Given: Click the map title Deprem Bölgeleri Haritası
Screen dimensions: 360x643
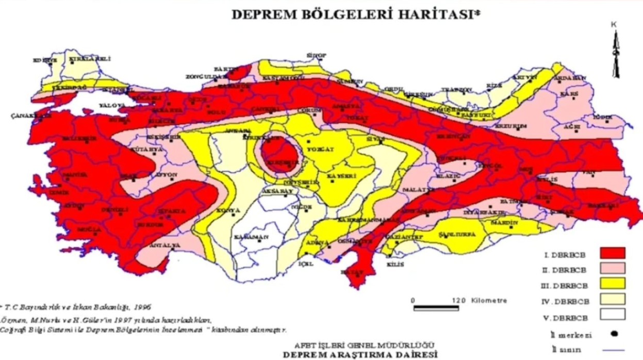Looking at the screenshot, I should tap(356, 14).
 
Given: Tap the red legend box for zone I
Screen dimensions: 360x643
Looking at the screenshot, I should tap(613, 253).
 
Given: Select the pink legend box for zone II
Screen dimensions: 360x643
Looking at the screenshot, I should tap(613, 268).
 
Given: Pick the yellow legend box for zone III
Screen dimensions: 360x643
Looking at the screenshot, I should tap(613, 283).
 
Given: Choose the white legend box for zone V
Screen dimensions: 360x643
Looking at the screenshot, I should tap(613, 314).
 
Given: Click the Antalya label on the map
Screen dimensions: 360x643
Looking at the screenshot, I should tap(164, 244).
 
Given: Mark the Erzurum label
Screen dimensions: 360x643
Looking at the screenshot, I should tap(510, 125).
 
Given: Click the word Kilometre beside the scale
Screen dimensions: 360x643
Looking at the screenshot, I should tap(489, 300).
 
